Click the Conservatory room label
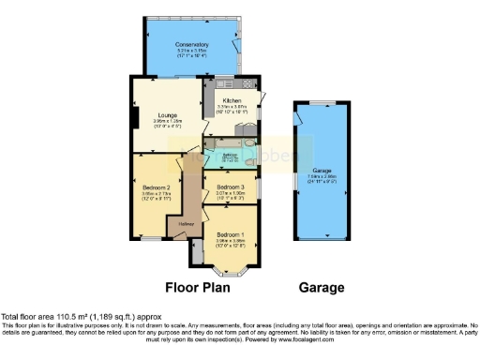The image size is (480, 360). click(191, 44)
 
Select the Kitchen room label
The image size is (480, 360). click(231, 99)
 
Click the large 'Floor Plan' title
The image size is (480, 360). click(199, 288)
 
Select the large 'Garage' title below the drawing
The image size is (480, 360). click(321, 288)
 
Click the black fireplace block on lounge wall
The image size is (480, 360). click(137, 117)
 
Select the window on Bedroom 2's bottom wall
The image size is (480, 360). click(148, 240)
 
